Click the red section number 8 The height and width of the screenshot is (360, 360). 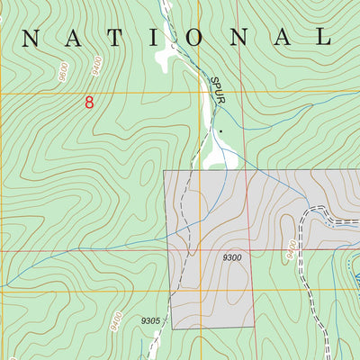tap(88, 103)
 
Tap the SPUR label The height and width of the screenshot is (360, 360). tap(218, 89)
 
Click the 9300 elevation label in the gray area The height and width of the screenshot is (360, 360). tap(232, 258)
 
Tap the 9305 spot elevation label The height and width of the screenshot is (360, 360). tap(151, 320)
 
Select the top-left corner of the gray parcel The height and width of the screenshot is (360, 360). tap(165, 171)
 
